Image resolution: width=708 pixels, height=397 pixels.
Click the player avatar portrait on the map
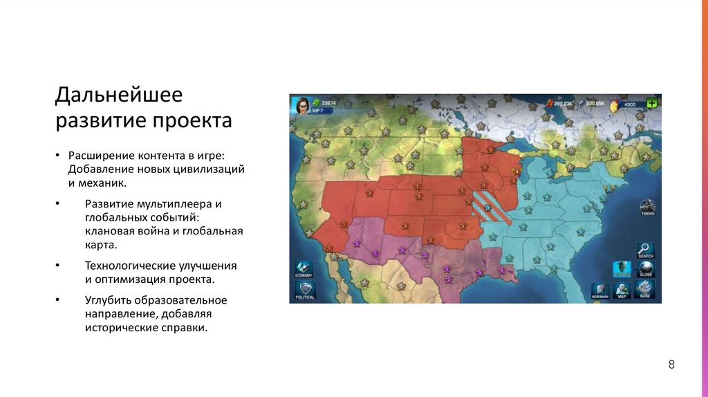click(302, 105)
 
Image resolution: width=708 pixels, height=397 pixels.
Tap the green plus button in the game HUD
click(651, 104)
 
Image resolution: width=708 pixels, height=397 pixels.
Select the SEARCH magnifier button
click(645, 250)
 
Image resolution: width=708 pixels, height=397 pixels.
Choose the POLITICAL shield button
click(304, 289)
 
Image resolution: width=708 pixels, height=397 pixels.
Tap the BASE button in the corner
click(645, 289)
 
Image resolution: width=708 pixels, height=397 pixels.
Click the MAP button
click(622, 290)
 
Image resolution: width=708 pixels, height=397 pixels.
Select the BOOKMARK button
click(600, 290)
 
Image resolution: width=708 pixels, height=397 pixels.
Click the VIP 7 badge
click(318, 111)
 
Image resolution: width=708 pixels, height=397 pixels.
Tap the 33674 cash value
click(328, 103)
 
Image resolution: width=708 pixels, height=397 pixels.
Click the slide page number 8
click(671, 365)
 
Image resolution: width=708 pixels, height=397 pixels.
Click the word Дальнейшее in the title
click(118, 95)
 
